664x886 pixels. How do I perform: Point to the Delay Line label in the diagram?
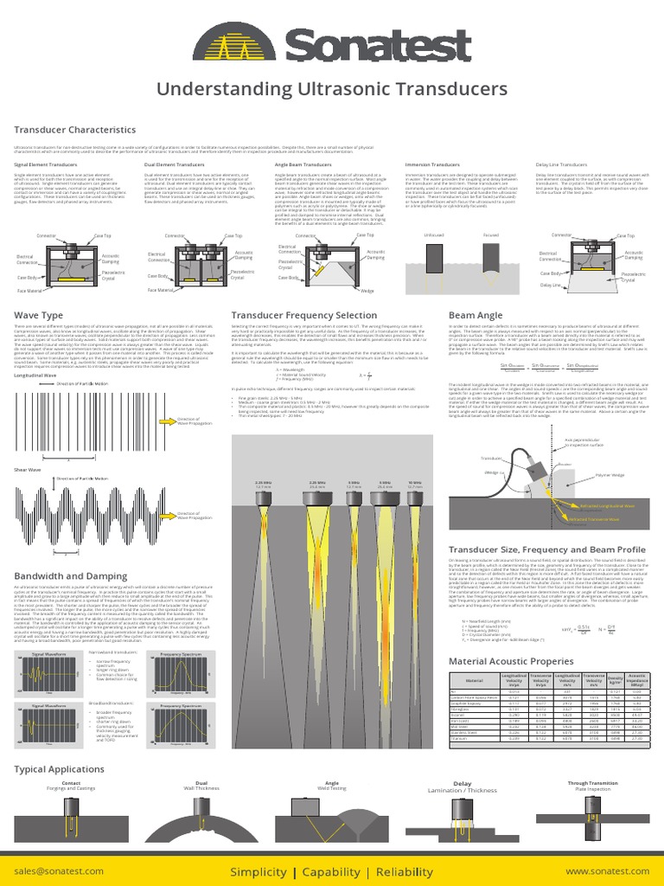[550, 284]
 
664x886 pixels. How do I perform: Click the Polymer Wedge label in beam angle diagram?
[610, 475]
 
